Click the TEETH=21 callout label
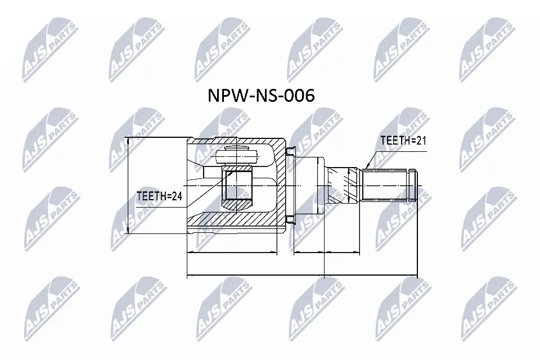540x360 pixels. (402, 141)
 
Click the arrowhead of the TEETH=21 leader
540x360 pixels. (366, 166)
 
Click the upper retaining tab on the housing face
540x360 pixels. (290, 151)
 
